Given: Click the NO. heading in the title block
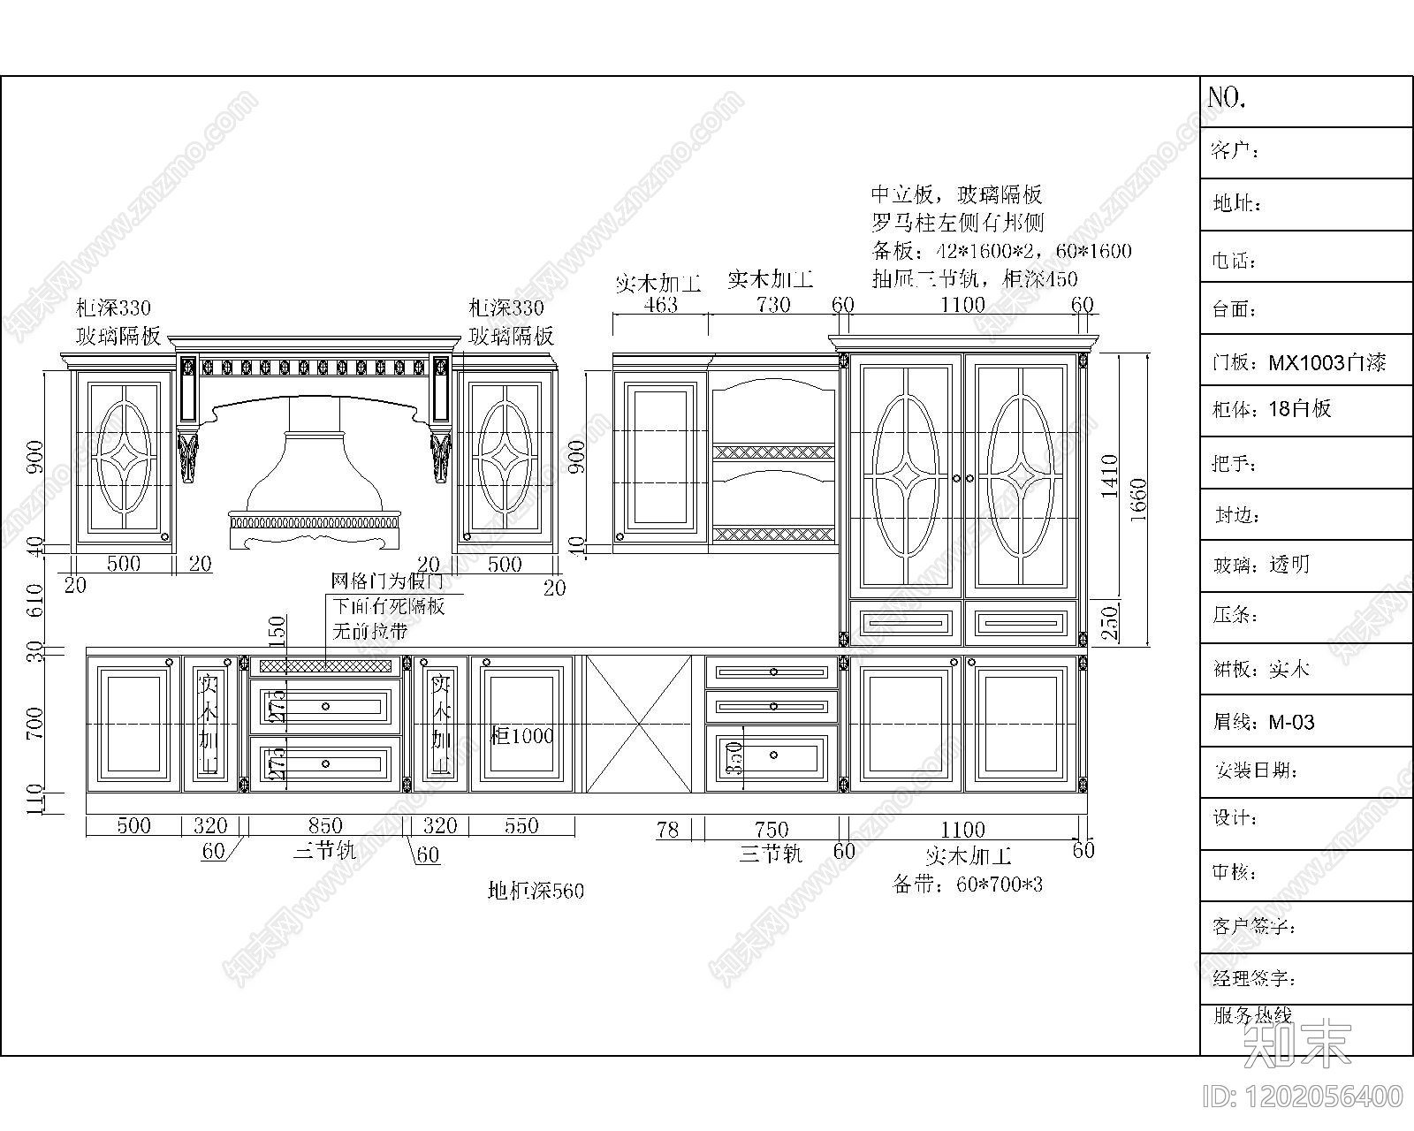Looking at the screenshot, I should click(1227, 98).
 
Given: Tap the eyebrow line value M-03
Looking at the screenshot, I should click(1291, 723).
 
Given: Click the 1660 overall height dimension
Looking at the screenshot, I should click(1138, 500).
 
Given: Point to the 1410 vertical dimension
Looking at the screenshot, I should click(1110, 476).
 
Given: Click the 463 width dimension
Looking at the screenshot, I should click(660, 305).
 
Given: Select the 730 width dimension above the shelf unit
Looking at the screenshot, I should click(772, 305).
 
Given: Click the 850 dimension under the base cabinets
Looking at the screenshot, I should click(325, 825).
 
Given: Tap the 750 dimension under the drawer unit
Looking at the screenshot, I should click(772, 829).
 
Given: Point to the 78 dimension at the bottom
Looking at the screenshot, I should click(668, 829).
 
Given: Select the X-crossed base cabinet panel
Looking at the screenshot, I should click(638, 724).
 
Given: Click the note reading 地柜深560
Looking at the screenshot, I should click(536, 891).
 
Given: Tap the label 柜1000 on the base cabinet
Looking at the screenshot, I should click(521, 735).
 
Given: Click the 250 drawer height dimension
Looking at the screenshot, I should click(1111, 622).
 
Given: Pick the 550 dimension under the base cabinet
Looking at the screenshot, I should click(521, 825).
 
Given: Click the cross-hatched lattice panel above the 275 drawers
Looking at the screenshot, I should click(326, 665).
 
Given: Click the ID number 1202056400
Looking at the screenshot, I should click(1304, 1097).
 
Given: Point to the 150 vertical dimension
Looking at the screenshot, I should click(277, 633).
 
